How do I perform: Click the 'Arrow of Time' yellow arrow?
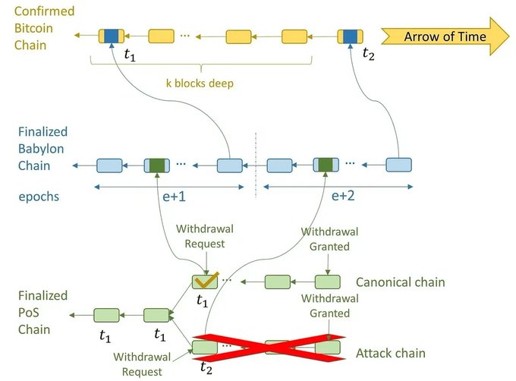pyautogui.click(x=445, y=36)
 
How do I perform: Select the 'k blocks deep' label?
pyautogui.click(x=200, y=83)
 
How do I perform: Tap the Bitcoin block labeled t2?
pyautogui.click(x=350, y=36)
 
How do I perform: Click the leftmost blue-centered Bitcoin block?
pyautogui.click(x=112, y=36)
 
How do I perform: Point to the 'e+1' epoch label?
pyautogui.click(x=174, y=197)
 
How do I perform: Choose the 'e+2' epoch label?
pyautogui.click(x=343, y=196)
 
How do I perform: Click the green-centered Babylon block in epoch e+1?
pyautogui.click(x=157, y=165)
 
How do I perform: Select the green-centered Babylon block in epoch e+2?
pyautogui.click(x=326, y=165)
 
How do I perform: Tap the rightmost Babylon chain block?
pyautogui.click(x=398, y=165)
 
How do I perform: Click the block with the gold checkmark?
pyautogui.click(x=205, y=282)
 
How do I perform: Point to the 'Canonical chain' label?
pyautogui.click(x=400, y=282)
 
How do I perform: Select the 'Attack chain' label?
pyautogui.click(x=391, y=353)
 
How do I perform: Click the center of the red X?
pyautogui.click(x=269, y=348)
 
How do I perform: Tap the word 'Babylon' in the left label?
pyautogui.click(x=41, y=149)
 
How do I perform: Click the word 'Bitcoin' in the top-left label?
pyautogui.click(x=33, y=28)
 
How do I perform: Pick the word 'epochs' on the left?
pyautogui.click(x=39, y=197)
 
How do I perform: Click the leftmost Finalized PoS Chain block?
pyautogui.click(x=107, y=315)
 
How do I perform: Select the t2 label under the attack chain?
pyautogui.click(x=206, y=368)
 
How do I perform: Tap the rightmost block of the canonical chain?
pyautogui.click(x=328, y=282)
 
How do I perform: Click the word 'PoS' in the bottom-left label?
pyautogui.click(x=29, y=312)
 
